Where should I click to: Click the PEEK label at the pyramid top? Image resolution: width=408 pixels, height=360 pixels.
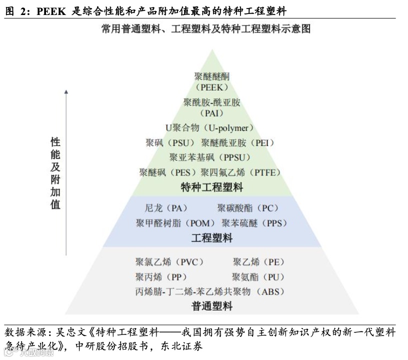coord(212,81)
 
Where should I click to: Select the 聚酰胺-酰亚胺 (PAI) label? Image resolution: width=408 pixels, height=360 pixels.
coord(212,107)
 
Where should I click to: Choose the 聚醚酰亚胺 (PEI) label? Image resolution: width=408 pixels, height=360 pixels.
coord(238,143)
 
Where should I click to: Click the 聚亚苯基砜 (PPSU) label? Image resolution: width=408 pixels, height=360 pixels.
coord(209,157)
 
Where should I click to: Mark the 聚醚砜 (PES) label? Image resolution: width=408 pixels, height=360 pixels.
coord(169,172)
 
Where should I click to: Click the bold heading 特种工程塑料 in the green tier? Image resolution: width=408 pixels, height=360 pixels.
coord(212,187)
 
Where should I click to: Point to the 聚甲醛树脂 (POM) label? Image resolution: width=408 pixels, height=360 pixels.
coord(175,223)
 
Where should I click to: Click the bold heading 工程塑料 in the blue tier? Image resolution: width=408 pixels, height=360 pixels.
coord(212,238)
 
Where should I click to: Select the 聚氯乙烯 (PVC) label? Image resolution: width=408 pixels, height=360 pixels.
coord(169,261)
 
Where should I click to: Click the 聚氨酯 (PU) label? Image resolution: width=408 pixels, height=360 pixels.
coord(258,276)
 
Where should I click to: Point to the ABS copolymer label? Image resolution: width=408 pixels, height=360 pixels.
coord(209,291)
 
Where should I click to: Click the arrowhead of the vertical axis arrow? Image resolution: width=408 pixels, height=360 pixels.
coord(66,91)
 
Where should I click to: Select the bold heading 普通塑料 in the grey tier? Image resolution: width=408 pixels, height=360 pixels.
coord(212,306)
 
